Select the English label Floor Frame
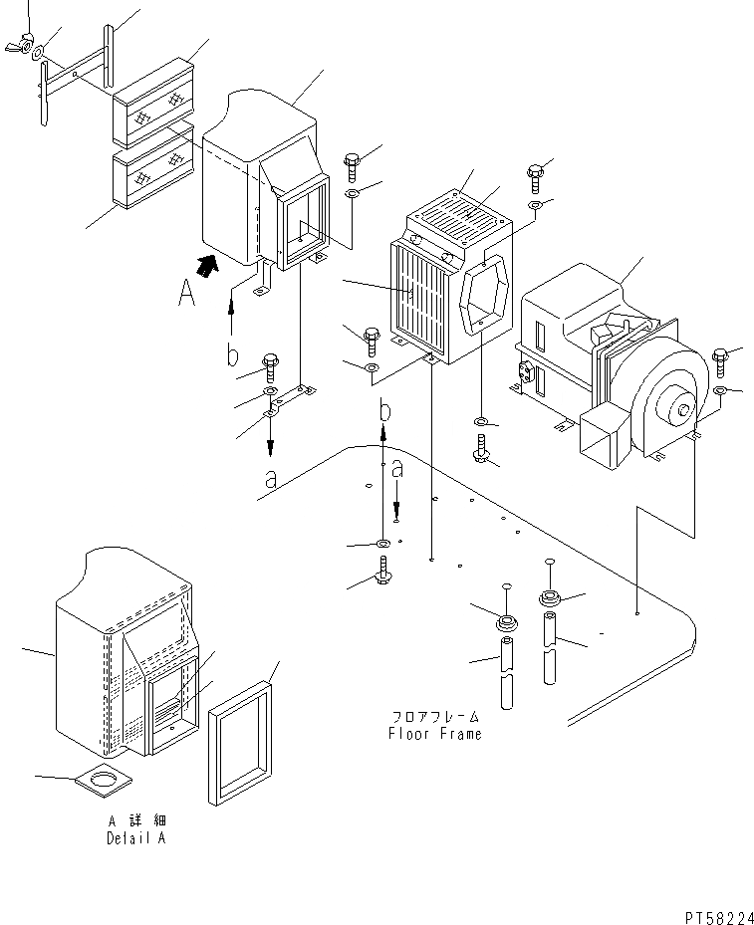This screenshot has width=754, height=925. click(434, 734)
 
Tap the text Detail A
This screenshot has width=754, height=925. click(137, 838)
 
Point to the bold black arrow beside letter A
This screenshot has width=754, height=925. click(207, 265)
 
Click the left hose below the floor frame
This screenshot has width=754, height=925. click(507, 672)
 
